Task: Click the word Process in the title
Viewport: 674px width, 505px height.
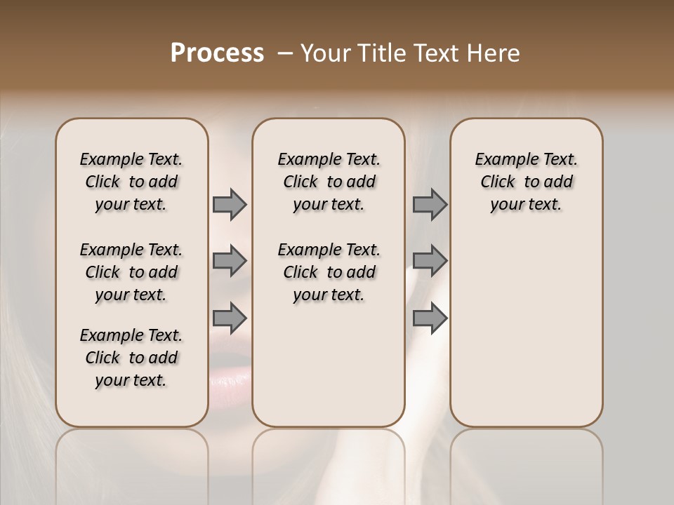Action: (x=217, y=53)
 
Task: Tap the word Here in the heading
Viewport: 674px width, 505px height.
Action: (x=492, y=53)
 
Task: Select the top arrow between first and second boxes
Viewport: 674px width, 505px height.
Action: (x=229, y=205)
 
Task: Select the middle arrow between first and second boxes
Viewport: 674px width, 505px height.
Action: (x=229, y=261)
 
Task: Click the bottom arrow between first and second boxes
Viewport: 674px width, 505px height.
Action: (x=229, y=318)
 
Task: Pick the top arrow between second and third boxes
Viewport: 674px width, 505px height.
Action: (x=430, y=205)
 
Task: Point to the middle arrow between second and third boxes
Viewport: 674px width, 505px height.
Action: (x=430, y=261)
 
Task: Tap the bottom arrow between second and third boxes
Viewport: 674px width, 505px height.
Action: (x=430, y=318)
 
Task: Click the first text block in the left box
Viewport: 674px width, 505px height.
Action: (x=131, y=182)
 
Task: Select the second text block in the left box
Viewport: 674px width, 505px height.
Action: (x=131, y=272)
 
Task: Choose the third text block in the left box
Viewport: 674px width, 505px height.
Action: (x=131, y=358)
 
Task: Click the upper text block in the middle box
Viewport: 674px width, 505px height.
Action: (x=329, y=182)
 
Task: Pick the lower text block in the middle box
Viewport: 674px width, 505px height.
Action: (x=329, y=272)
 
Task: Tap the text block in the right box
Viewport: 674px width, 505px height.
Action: (x=526, y=182)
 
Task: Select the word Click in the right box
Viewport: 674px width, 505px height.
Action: (x=498, y=182)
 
